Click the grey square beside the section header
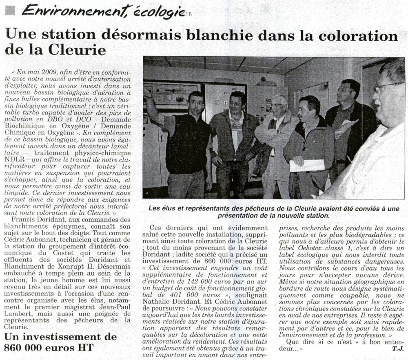coord(10,11)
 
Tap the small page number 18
coord(188,15)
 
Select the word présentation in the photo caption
coord(239,215)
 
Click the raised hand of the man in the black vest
coord(148,93)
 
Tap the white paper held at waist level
coord(307,165)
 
